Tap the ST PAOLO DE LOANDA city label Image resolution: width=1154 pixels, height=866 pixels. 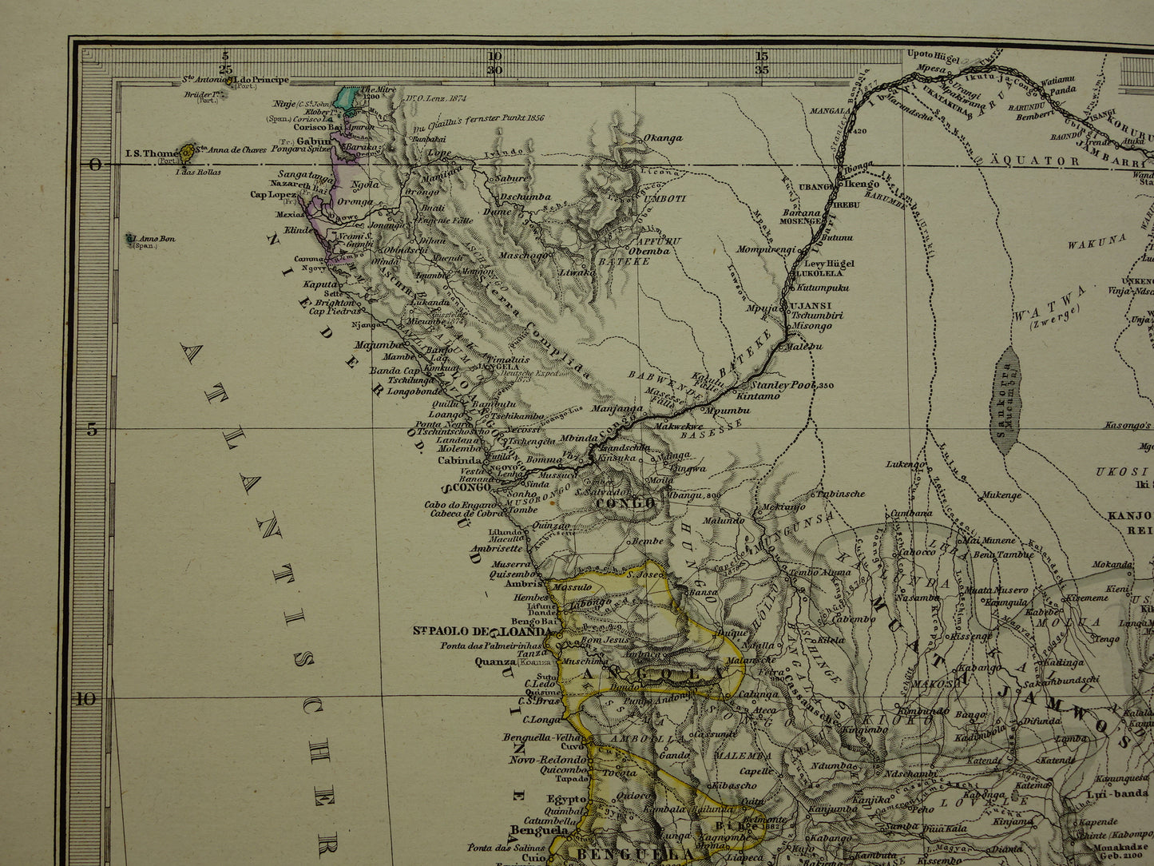pos(483,631)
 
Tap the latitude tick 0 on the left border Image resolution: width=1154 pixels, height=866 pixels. pos(95,165)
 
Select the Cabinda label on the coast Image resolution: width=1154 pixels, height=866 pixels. pos(459,460)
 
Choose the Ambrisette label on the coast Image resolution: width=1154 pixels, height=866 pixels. pos(497,548)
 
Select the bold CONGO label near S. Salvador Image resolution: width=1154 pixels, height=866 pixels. pos(625,503)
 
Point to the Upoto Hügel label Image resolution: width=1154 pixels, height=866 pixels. pos(934,55)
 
